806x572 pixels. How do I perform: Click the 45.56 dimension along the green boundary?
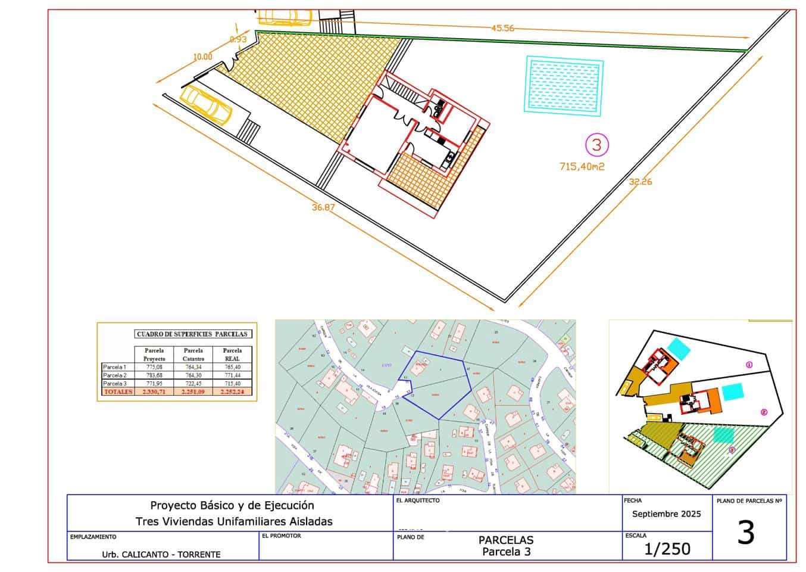point(502,28)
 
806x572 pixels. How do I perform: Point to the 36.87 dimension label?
point(323,207)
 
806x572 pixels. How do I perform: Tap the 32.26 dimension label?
point(640,182)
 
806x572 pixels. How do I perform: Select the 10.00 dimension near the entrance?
point(202,57)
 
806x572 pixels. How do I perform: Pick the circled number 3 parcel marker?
point(597,144)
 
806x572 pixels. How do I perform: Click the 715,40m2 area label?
point(582,167)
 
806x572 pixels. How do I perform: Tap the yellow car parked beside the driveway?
point(206,104)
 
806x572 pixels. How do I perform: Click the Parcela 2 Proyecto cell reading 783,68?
point(154,375)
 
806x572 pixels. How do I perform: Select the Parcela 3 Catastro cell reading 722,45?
point(193,384)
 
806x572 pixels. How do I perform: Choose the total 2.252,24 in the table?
point(232,392)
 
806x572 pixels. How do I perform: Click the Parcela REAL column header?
point(232,355)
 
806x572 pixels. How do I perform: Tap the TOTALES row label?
point(118,392)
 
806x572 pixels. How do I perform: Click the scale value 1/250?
point(667,549)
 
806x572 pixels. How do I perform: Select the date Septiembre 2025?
point(666,514)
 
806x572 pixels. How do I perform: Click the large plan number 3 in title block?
point(746,533)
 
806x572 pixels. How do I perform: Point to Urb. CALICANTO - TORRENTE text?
point(161,554)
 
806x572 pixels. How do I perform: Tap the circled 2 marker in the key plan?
point(764,412)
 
